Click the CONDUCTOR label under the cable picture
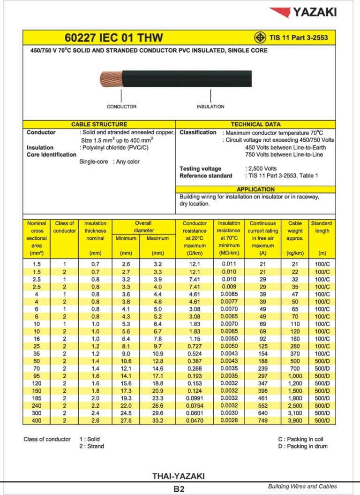point(121,107)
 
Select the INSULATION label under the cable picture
point(210,107)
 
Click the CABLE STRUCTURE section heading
point(99,124)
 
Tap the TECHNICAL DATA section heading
point(256,124)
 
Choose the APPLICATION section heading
point(256,189)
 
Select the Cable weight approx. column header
point(295,231)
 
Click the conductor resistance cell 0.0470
point(195,421)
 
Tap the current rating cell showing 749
point(262,421)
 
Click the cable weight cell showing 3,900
point(295,421)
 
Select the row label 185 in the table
point(37,398)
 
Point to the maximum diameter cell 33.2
point(157,421)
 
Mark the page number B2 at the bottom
point(179,489)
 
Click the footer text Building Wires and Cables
point(302,486)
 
